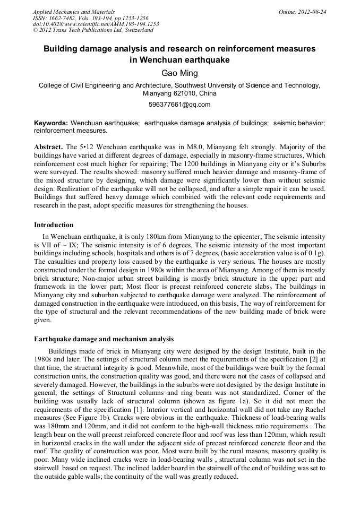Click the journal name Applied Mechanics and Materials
[x=73, y=12]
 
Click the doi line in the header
[x=96, y=24]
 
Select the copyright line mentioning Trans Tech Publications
[x=92, y=30]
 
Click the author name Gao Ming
[x=179, y=73]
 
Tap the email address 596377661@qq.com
[x=179, y=105]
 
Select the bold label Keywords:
[x=51, y=123]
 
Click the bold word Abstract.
[x=48, y=146]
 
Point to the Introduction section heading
[x=54, y=225]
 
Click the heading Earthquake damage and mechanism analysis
[x=104, y=339]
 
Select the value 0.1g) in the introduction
[x=316, y=254]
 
